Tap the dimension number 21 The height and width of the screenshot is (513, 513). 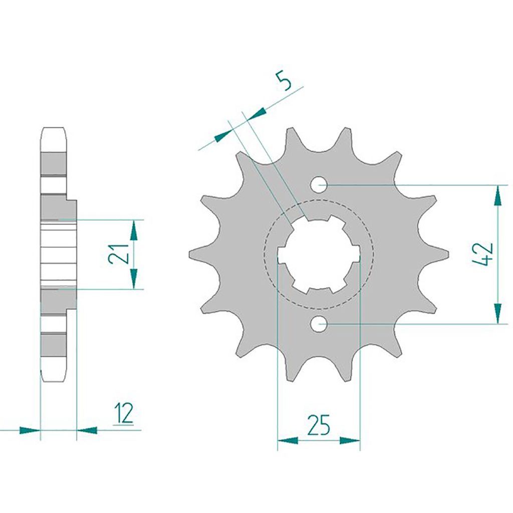coord(119,254)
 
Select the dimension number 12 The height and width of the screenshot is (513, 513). coord(123,414)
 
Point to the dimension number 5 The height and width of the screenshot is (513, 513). coord(283,81)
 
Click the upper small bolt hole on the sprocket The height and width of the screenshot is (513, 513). coord(319,185)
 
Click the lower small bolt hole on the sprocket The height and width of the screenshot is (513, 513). coord(319,324)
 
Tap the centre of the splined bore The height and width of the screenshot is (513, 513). coord(319,254)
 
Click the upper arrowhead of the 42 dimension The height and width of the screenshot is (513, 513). coord(497,195)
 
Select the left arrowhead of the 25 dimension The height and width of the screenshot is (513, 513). coord(288,440)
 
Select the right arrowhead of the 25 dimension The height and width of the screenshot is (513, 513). coord(350,440)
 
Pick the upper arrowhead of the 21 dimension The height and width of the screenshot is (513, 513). coord(134,230)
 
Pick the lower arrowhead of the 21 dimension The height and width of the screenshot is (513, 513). coord(134,279)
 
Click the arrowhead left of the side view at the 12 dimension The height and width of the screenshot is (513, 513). coord(29,430)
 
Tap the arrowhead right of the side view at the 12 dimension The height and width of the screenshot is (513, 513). coord(87,430)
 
